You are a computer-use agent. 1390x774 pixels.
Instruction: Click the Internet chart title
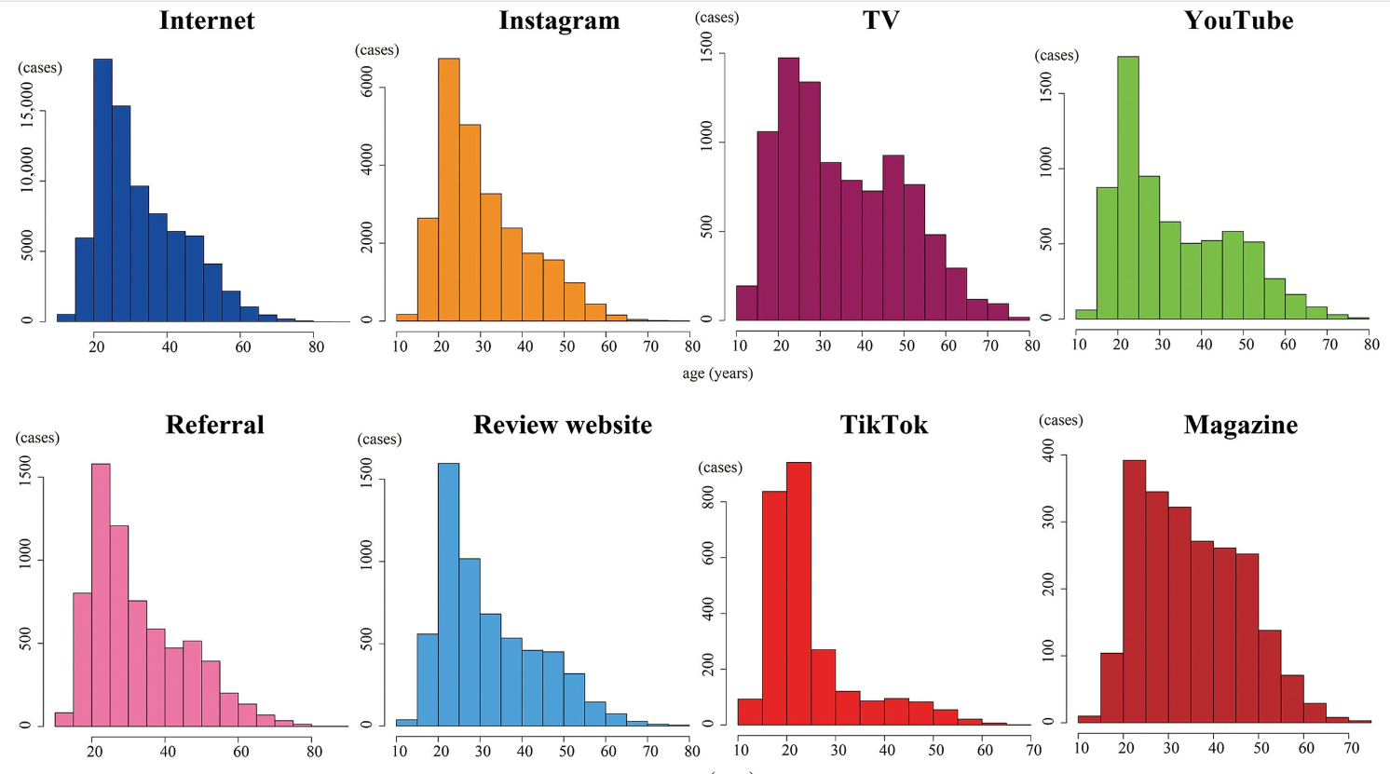pyautogui.click(x=207, y=20)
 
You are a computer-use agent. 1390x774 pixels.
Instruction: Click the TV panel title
pyautogui.click(x=880, y=20)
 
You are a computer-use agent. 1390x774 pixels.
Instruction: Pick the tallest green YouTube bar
pyautogui.click(x=1127, y=187)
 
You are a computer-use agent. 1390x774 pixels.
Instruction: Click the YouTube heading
pyautogui.click(x=1238, y=20)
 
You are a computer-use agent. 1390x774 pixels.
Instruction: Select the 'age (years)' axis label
pyautogui.click(x=717, y=373)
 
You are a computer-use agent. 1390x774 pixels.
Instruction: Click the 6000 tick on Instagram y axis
pyautogui.click(x=367, y=87)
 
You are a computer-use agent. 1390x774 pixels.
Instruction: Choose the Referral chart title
pyautogui.click(x=214, y=425)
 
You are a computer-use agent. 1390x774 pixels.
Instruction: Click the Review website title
pyautogui.click(x=562, y=425)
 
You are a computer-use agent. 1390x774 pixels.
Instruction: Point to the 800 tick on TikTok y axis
pyautogui.click(x=709, y=500)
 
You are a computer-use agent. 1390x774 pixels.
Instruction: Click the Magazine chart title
pyautogui.click(x=1240, y=425)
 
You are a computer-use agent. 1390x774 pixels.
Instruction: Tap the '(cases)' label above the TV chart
pyautogui.click(x=716, y=18)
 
